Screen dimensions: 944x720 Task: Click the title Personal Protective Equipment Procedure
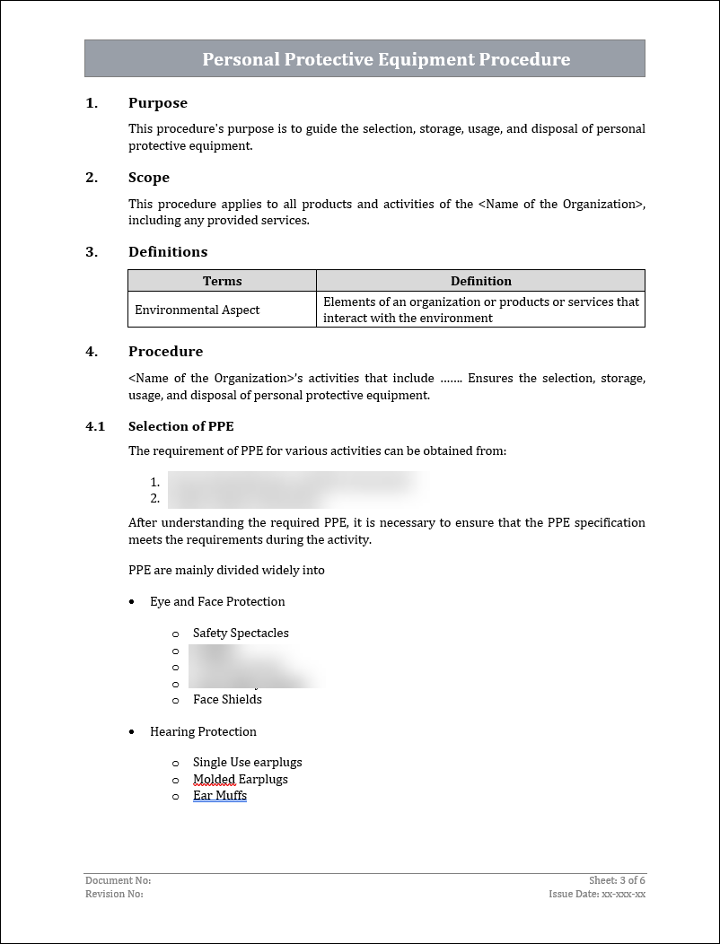(386, 59)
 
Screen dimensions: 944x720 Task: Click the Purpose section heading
(157, 103)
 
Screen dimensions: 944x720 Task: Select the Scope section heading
(148, 178)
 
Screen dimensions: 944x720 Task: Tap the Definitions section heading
(168, 252)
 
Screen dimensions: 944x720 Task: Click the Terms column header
(222, 281)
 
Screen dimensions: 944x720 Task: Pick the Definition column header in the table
(480, 281)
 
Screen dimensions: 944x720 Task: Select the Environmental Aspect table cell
(198, 310)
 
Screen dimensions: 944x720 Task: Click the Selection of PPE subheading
(180, 426)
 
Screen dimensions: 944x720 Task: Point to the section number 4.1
(95, 426)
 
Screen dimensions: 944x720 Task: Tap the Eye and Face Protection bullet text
(217, 601)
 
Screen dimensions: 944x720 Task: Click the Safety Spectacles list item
(241, 633)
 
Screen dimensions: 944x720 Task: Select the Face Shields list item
(227, 699)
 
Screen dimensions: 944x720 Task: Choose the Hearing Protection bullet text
(203, 731)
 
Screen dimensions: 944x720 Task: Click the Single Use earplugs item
(247, 762)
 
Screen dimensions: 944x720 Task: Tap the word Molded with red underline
(214, 779)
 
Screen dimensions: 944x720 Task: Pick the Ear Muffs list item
(220, 795)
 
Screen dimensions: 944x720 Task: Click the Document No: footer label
(118, 881)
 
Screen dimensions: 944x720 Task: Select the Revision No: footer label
(114, 894)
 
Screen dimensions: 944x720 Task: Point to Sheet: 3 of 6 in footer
(617, 881)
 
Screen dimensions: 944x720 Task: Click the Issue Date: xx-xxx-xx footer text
(597, 894)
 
